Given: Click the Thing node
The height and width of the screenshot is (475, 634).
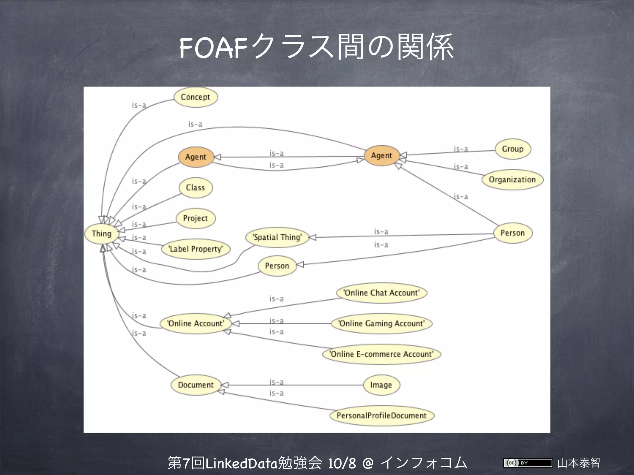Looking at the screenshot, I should tap(102, 233).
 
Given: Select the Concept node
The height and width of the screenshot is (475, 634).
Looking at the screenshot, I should tap(195, 97).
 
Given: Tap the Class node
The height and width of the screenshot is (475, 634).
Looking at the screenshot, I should tap(196, 188).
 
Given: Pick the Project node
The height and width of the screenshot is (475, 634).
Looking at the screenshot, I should tap(195, 218).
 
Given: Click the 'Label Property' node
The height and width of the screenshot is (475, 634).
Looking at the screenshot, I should tap(196, 249).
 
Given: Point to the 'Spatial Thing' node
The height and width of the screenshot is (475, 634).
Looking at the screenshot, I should tap(277, 237).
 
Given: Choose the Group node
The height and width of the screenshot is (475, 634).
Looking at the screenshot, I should tap(513, 149).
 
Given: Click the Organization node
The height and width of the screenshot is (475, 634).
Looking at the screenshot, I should tap(512, 180).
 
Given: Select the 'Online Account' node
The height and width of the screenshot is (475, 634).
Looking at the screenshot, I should tap(196, 323).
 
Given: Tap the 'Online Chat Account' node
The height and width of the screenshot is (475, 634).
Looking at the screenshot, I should tap(382, 293).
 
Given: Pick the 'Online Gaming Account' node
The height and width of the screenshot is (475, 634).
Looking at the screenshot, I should tap(381, 323).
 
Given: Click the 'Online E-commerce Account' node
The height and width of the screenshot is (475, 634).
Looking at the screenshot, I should tap(381, 354).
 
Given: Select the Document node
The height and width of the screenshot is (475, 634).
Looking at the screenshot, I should tap(196, 385).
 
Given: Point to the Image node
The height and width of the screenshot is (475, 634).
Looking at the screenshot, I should tap(381, 385).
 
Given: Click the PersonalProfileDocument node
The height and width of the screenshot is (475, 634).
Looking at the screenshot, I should tap(381, 416).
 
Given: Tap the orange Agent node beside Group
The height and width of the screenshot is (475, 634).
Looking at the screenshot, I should tap(381, 156).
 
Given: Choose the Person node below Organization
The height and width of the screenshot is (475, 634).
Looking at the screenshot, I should tap(513, 233).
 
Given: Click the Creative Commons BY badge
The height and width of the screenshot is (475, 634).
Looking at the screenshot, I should tap(528, 463).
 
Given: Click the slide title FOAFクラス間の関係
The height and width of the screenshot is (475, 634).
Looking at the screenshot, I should tap(316, 47).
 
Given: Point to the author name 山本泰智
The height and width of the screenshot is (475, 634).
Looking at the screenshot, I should tap(579, 463).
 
